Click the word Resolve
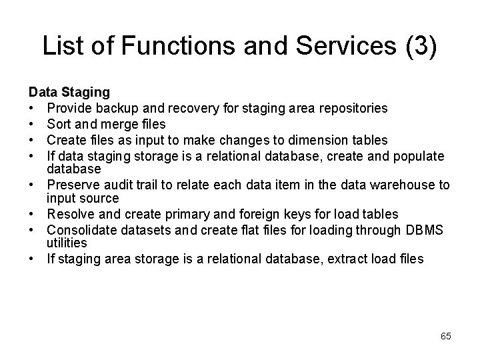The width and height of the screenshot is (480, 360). click(70, 214)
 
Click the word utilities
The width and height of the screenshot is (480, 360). click(65, 244)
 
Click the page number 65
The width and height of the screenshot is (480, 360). click(445, 336)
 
